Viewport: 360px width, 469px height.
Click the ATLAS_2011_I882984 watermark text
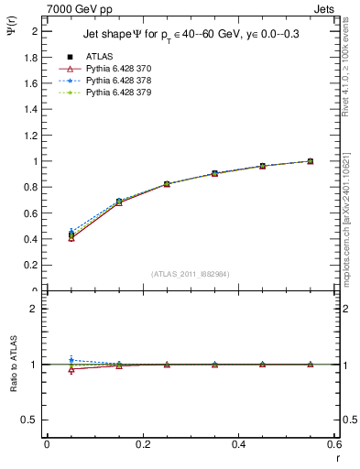[191, 274]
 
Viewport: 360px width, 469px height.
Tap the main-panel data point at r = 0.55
[311, 161]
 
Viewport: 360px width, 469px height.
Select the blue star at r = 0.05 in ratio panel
[71, 360]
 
